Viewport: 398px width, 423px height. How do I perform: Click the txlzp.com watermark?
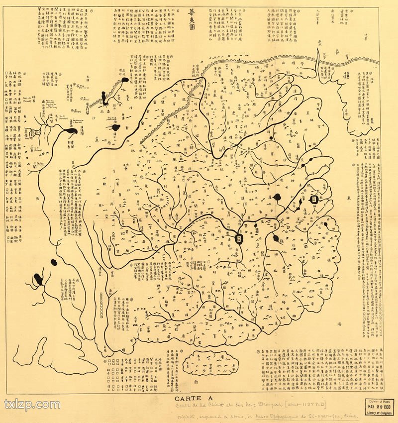32,405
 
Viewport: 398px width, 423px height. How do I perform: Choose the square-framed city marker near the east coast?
314,200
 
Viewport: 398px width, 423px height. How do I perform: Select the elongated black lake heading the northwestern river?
71,131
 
